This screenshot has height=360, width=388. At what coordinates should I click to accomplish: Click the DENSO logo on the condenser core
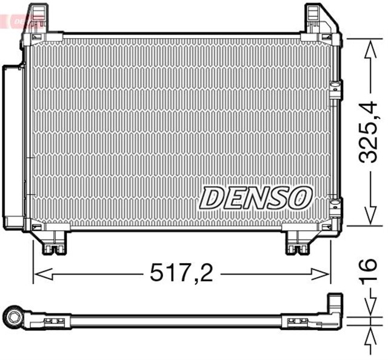(256, 197)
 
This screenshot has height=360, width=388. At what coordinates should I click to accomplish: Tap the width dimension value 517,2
(181, 274)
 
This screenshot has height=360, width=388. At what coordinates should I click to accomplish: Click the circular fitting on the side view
(13, 316)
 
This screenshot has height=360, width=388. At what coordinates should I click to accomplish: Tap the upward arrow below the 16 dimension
(368, 337)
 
